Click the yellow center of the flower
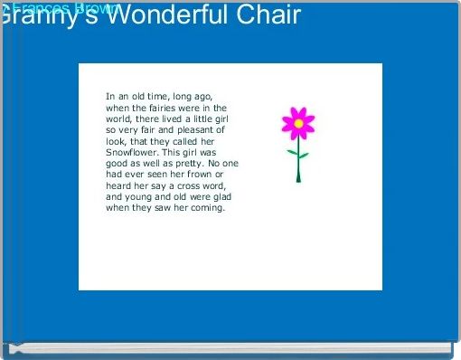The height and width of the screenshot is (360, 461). pos(297,123)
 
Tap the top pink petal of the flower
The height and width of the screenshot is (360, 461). pos(297,112)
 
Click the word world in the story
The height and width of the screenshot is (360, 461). pos(119,118)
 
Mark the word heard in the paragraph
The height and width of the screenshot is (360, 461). pos(120,186)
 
